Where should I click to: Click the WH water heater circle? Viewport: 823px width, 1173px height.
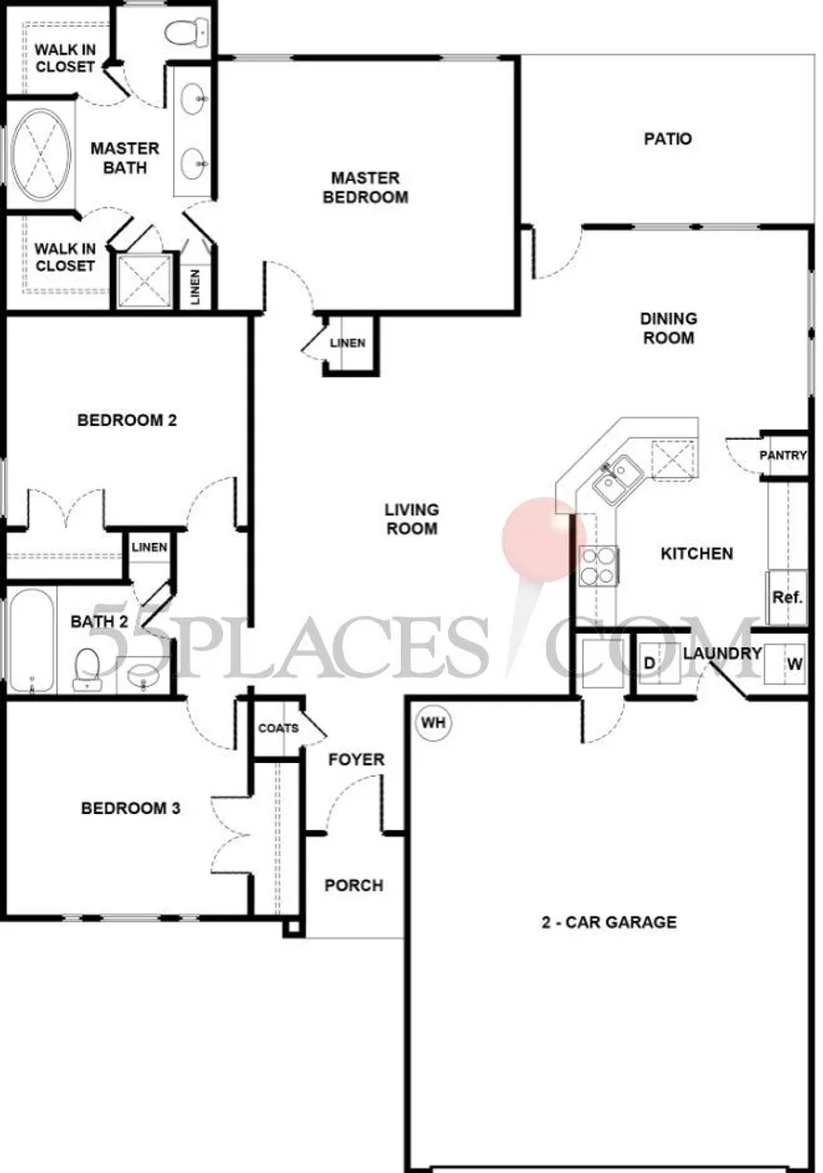[434, 723]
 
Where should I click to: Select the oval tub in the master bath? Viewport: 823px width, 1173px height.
[40, 158]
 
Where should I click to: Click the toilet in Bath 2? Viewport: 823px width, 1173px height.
[88, 666]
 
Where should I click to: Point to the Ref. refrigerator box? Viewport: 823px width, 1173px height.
[787, 597]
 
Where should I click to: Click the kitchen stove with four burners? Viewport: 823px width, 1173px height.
[599, 564]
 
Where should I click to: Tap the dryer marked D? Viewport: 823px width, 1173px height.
[649, 664]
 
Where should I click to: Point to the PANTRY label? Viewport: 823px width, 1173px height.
[783, 456]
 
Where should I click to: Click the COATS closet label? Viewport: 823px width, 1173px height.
[278, 728]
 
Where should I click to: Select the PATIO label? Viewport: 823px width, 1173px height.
[667, 139]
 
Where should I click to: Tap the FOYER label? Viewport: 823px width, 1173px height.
[356, 759]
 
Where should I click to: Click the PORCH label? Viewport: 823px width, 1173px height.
[353, 886]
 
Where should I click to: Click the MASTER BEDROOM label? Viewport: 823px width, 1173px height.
[365, 188]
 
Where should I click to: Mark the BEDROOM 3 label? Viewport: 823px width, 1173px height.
[130, 808]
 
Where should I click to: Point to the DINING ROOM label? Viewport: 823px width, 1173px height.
[669, 328]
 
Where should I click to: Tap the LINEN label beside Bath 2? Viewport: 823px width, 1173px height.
[149, 547]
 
